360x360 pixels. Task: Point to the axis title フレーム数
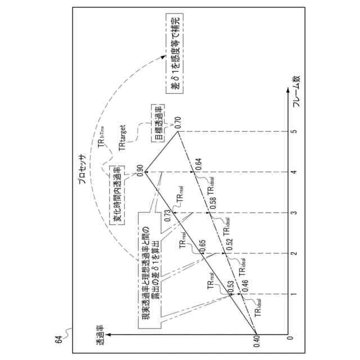click(x=296, y=91)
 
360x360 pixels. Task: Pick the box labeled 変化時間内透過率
click(x=112, y=195)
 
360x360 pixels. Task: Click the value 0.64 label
click(x=197, y=164)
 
